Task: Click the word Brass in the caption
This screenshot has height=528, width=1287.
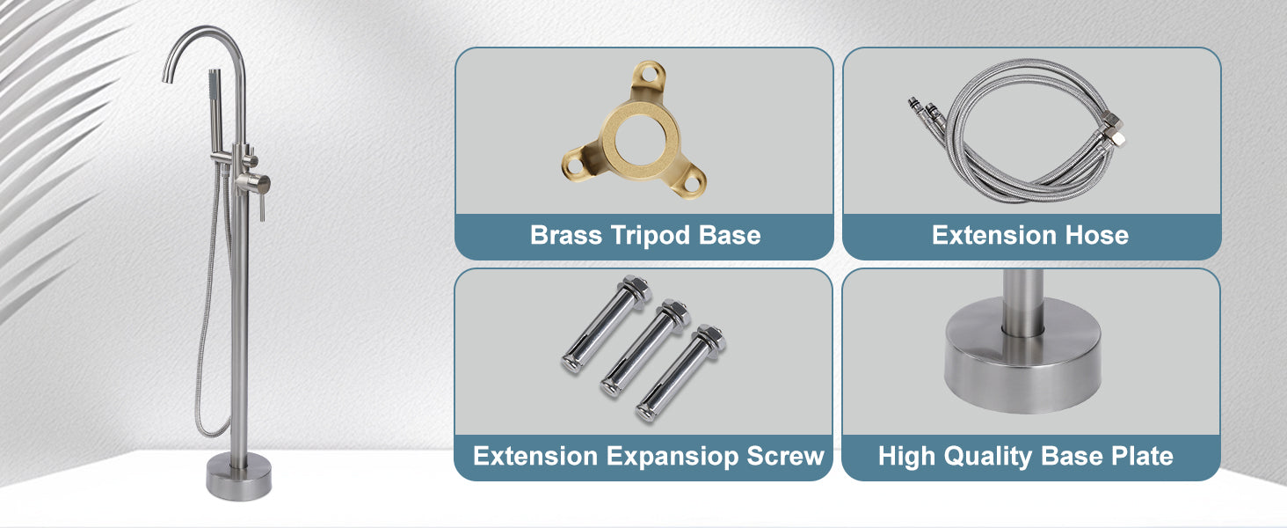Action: [566, 235]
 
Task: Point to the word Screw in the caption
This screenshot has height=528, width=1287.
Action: [785, 456]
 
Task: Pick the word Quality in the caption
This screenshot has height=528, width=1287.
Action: [987, 457]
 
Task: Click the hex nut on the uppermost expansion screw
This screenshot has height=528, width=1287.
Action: [636, 286]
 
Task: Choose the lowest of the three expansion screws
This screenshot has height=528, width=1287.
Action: [680, 373]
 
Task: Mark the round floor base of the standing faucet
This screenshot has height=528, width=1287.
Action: [239, 476]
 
